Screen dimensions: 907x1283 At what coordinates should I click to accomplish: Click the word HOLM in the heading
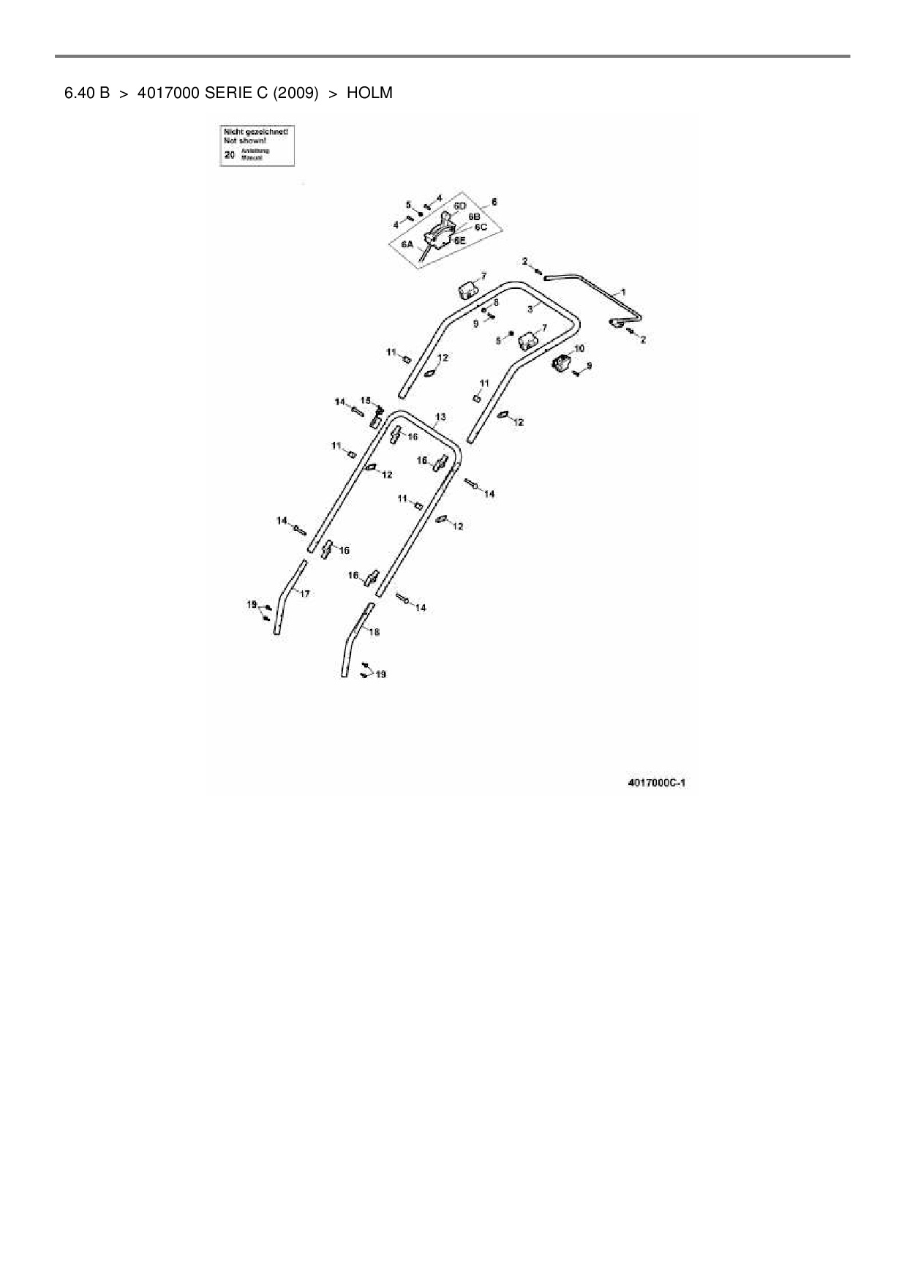pyautogui.click(x=369, y=93)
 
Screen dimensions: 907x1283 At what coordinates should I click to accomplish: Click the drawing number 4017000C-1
pyautogui.click(x=657, y=783)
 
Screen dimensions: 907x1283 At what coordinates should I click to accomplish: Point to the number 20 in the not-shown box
pyautogui.click(x=230, y=154)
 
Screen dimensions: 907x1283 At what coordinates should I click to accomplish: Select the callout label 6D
pyautogui.click(x=459, y=206)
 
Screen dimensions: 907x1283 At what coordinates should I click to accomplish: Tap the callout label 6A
pyautogui.click(x=407, y=244)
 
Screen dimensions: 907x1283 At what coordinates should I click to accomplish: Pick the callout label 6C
pyautogui.click(x=481, y=227)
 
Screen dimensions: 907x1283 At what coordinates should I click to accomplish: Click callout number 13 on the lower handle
pyautogui.click(x=440, y=417)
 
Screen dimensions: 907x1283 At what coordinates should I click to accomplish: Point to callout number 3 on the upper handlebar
pyautogui.click(x=529, y=309)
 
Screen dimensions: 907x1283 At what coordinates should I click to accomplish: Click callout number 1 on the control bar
pyautogui.click(x=623, y=292)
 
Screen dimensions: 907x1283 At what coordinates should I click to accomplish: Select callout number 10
pyautogui.click(x=579, y=349)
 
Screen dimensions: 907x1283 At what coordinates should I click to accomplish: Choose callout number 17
pyautogui.click(x=305, y=593)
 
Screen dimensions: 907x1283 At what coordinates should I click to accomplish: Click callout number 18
pyautogui.click(x=375, y=632)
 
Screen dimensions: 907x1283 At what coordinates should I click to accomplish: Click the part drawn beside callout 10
pyautogui.click(x=560, y=364)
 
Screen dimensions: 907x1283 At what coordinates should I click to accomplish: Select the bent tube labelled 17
pyautogui.click(x=287, y=596)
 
